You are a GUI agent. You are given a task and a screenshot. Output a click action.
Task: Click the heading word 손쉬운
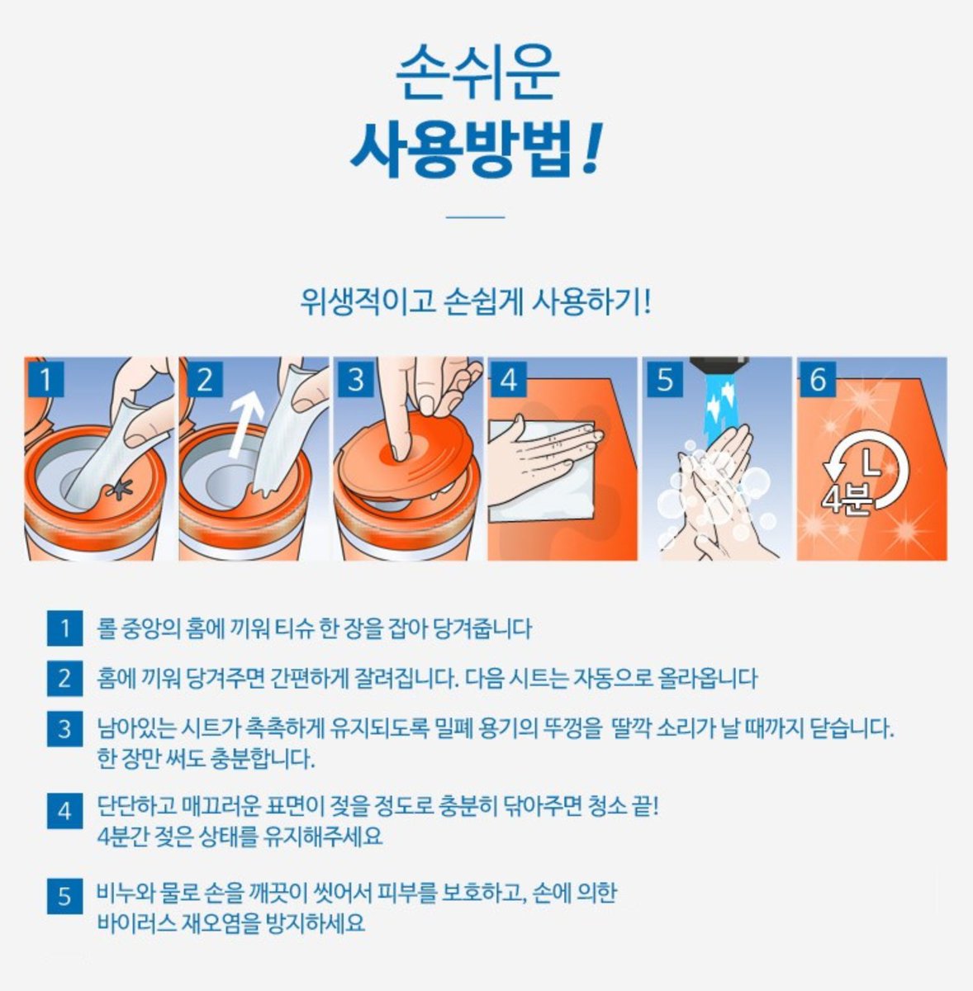[477, 72]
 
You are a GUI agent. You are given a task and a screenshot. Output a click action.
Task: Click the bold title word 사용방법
[461, 149]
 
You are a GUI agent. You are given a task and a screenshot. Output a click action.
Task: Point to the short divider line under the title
[475, 217]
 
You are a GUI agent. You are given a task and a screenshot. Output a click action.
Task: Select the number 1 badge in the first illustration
[46, 380]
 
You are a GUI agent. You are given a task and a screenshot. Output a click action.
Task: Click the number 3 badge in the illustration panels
[355, 380]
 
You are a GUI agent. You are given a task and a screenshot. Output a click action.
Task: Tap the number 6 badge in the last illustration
[818, 380]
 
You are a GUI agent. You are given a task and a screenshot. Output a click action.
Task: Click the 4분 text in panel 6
[846, 498]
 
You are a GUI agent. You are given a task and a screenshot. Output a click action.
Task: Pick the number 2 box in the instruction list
[64, 679]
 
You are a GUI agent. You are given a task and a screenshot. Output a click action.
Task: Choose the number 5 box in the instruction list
[64, 896]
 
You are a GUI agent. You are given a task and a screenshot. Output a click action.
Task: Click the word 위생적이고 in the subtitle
[368, 302]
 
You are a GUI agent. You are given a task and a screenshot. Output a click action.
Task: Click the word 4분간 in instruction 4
[123, 837]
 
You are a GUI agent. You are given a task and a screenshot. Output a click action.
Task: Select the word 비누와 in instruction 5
[125, 894]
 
